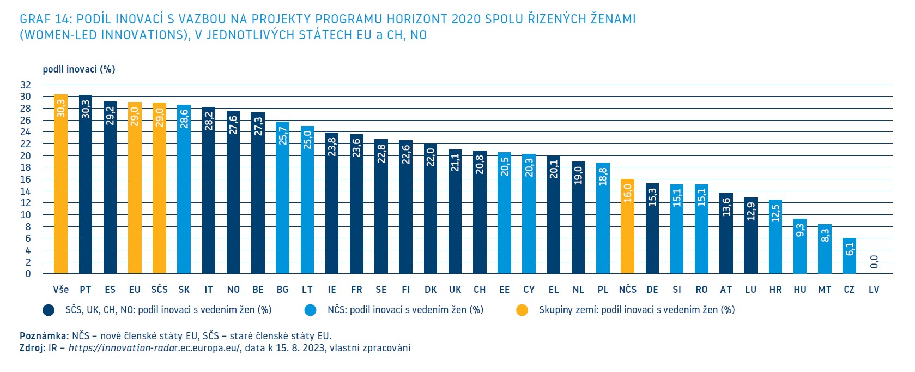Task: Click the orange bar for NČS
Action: pyautogui.click(x=627, y=226)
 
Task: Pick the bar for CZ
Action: pyautogui.click(x=849, y=256)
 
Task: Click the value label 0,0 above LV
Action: pyautogui.click(x=874, y=262)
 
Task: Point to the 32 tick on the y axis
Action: pyautogui.click(x=26, y=85)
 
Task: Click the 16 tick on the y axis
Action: pyautogui.click(x=26, y=179)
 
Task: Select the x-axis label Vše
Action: pyautogui.click(x=60, y=290)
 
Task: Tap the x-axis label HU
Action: pyautogui.click(x=800, y=290)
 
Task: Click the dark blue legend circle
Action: pyautogui.click(x=49, y=310)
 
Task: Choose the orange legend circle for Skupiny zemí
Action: pyautogui.click(x=522, y=310)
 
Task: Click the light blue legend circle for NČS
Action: pyautogui.click(x=310, y=310)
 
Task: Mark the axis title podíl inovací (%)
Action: pyautogui.click(x=79, y=69)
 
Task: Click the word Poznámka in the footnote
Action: pyautogui.click(x=44, y=336)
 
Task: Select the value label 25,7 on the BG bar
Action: pyautogui.click(x=282, y=136)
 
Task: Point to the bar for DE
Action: pyautogui.click(x=652, y=229)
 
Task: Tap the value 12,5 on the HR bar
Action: pyautogui.click(x=775, y=213)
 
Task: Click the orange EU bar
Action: pyautogui.click(x=135, y=188)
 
